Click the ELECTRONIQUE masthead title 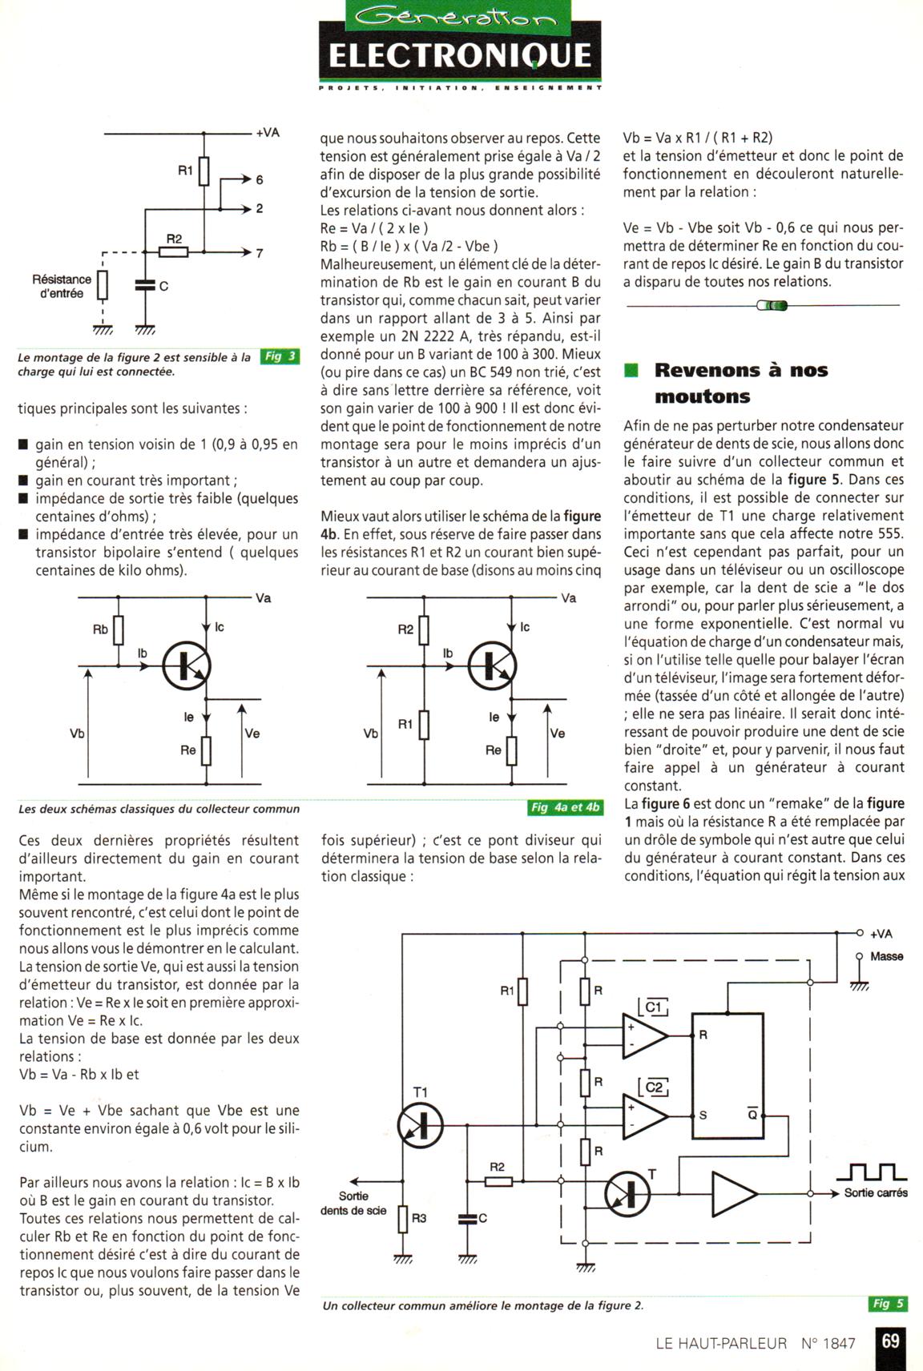click(460, 55)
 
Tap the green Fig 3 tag click(280, 356)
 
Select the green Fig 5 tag click(887, 1303)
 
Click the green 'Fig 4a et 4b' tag click(565, 807)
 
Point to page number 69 click(890, 1341)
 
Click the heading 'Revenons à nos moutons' click(740, 383)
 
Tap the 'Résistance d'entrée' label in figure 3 click(62, 286)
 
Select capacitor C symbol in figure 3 click(145, 286)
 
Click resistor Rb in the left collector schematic click(119, 630)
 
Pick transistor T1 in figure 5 click(420, 1124)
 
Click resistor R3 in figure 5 click(403, 1218)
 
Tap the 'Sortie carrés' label click(876, 1192)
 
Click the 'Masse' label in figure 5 click(886, 956)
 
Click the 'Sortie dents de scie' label click(353, 1203)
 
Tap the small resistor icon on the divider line click(772, 305)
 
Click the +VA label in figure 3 click(268, 132)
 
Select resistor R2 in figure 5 click(498, 1180)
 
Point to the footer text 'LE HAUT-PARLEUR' click(720, 1343)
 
